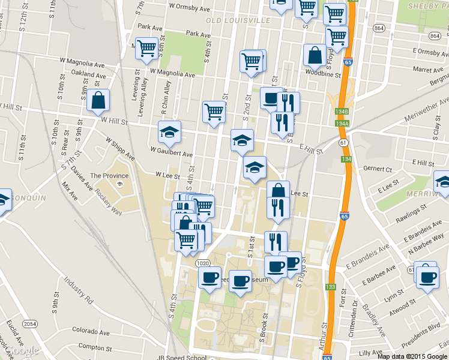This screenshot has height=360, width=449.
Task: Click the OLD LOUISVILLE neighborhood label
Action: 238,20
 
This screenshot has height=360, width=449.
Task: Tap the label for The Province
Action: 109,176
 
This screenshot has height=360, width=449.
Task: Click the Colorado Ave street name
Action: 91,330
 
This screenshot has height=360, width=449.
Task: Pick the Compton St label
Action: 95,347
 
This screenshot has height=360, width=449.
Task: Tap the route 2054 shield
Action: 30,324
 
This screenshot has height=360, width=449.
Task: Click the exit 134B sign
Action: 342,112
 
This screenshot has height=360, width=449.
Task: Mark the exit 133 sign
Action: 331,287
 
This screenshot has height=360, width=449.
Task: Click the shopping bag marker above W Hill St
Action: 98,102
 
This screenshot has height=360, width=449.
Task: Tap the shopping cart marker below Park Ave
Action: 146,49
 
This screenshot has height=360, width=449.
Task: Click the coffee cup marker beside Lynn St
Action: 427,278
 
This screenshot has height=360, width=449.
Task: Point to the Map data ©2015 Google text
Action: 411,356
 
